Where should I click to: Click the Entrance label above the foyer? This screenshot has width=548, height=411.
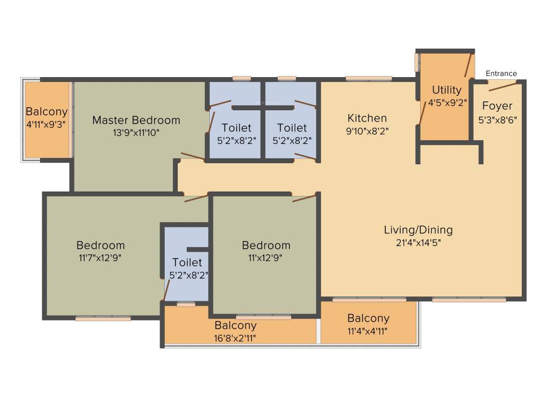pos(501,73)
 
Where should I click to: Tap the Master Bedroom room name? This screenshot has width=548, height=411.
pos(136,120)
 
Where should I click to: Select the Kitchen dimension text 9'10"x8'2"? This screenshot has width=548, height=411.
pos(367,130)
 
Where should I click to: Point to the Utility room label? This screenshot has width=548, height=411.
pos(446,89)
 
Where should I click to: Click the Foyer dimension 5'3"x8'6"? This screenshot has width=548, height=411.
pos(497,119)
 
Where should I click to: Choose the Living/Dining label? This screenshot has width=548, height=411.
pos(418,230)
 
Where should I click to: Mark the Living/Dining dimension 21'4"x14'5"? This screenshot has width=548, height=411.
pos(418,242)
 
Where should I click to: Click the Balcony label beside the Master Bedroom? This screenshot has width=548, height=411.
pos(47,112)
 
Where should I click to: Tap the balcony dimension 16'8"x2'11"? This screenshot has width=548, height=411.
pos(235,338)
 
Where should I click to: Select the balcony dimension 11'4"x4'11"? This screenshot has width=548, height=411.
pos(368,331)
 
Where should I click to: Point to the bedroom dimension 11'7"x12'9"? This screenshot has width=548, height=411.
pos(101,257)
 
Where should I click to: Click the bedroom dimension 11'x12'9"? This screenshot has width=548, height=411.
pos(266,257)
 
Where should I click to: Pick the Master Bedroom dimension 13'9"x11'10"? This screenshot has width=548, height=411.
pos(136,132)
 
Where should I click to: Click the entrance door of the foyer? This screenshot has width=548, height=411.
pos(503,86)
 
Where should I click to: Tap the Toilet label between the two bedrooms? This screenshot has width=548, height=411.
pos(187,263)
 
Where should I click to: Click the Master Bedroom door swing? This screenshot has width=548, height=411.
pos(192,157)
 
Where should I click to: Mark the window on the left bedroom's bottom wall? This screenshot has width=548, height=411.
pos(103,318)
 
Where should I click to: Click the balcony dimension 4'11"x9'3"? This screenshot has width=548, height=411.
pos(47,124)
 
